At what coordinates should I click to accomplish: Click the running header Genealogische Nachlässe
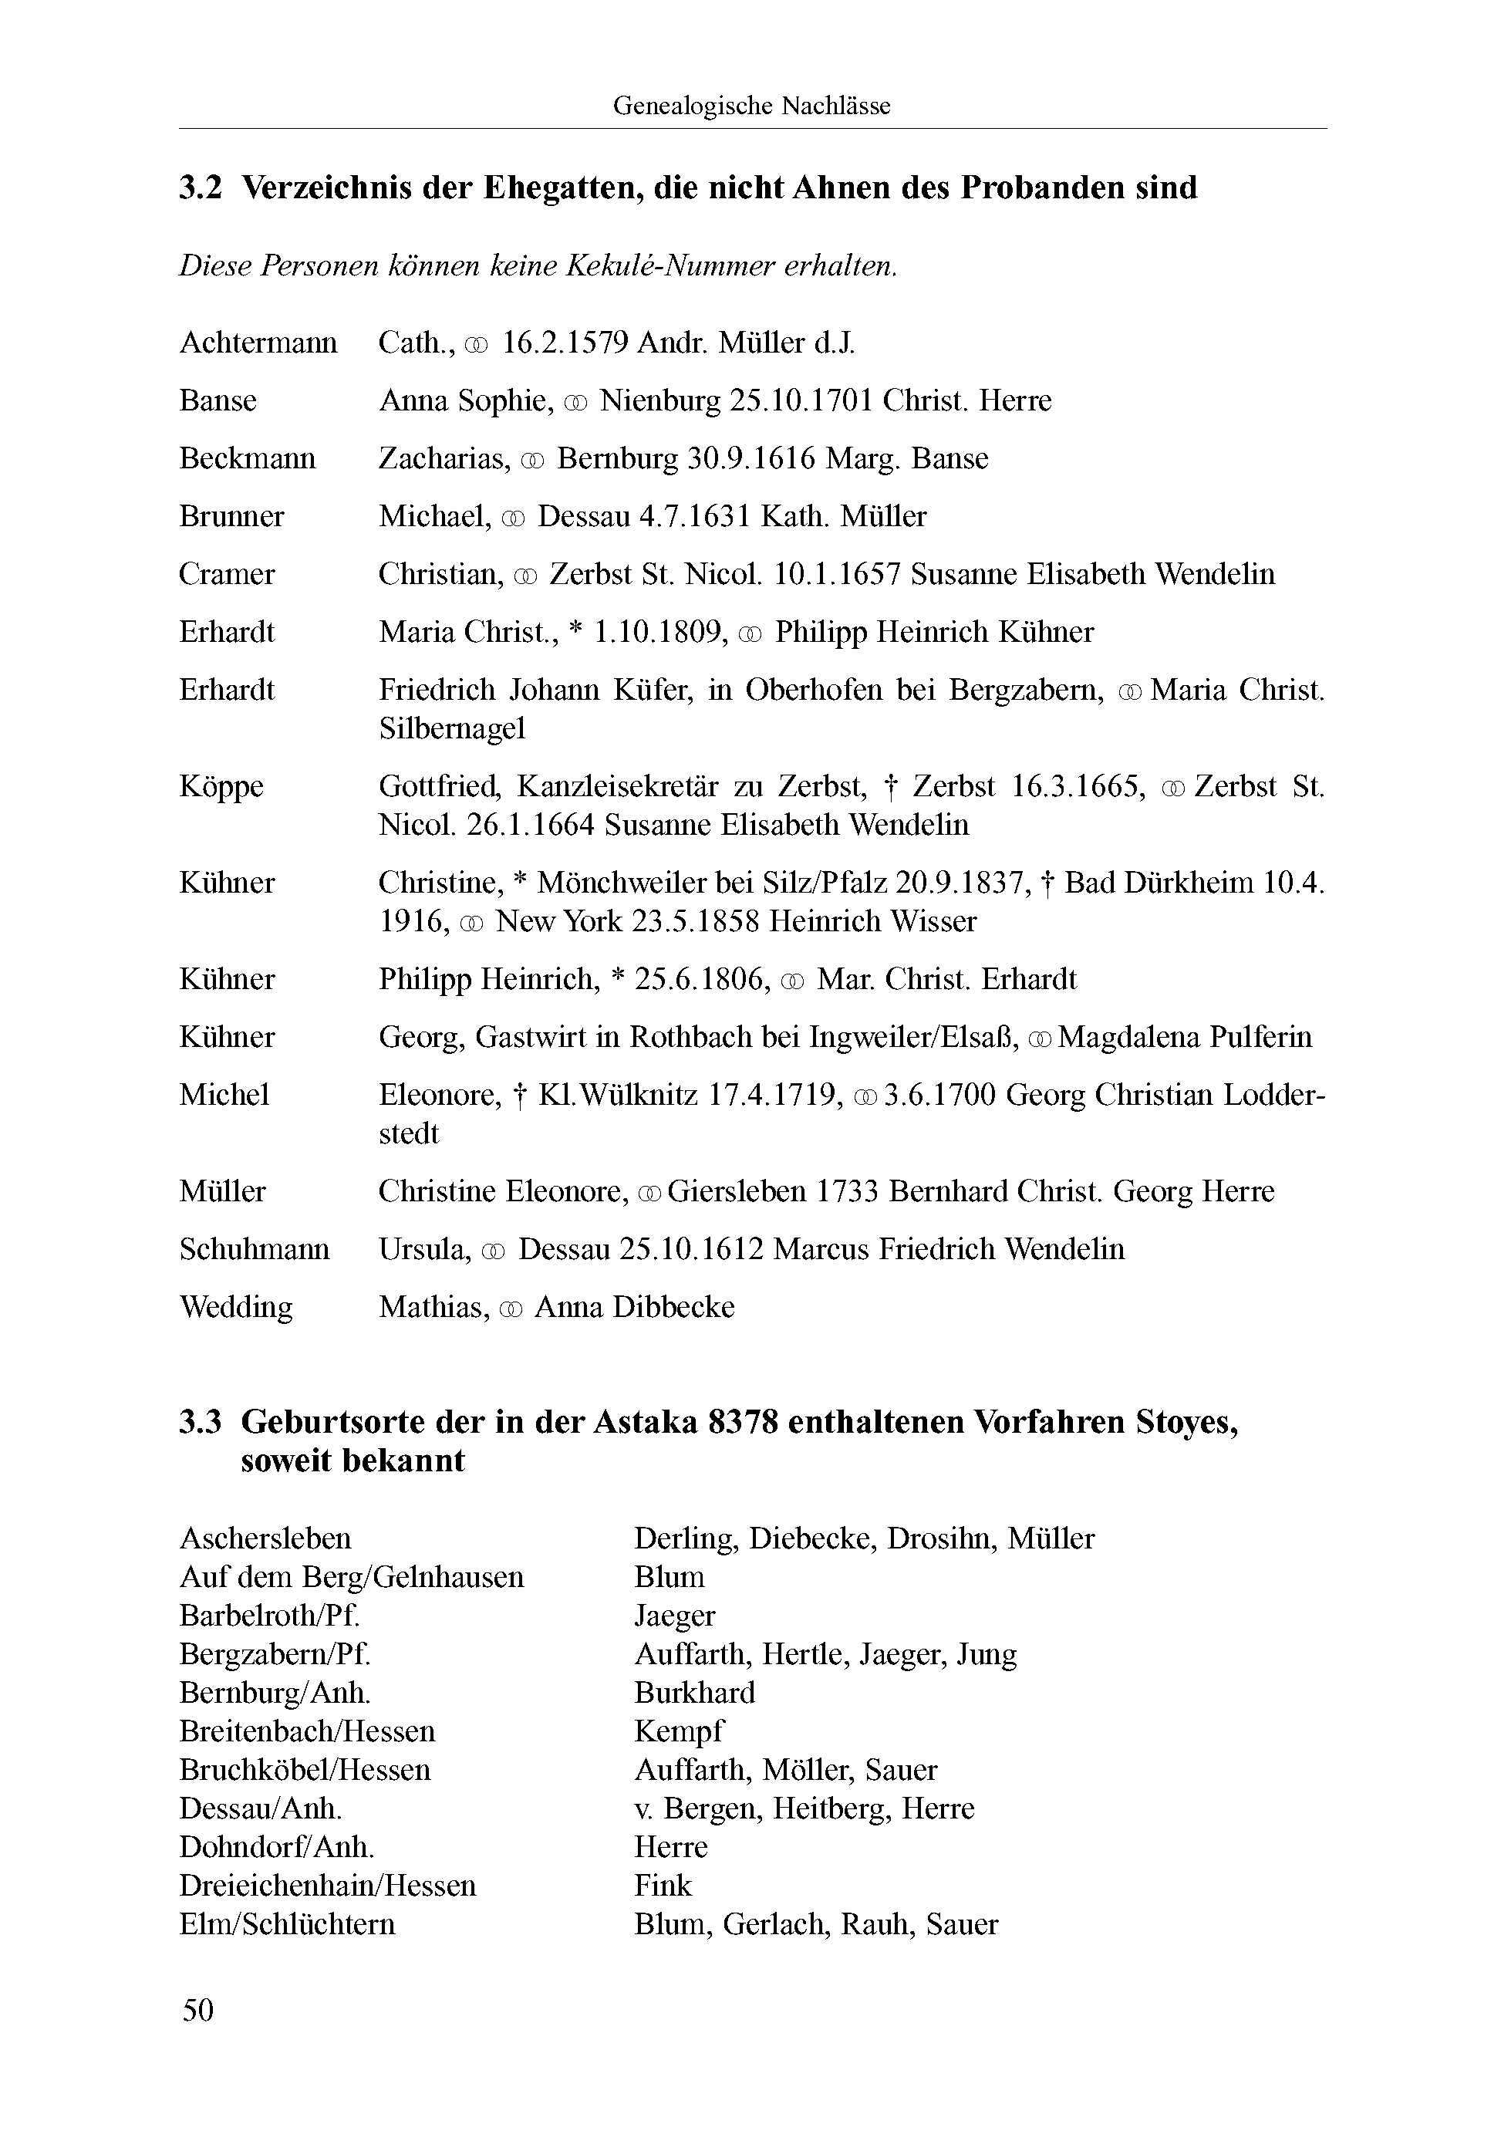tap(751, 106)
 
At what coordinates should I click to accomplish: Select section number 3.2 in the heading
tap(201, 188)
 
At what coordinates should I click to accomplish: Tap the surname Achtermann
tap(258, 343)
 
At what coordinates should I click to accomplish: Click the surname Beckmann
tap(247, 459)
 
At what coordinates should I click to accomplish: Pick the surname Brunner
tap(231, 517)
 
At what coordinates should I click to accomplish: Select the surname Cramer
tap(227, 575)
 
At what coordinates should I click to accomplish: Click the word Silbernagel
tap(452, 728)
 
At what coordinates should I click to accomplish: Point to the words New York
tap(559, 921)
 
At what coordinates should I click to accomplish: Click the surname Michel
tap(224, 1094)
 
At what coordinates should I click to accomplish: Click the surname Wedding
tap(236, 1306)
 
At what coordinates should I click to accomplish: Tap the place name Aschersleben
tap(265, 1538)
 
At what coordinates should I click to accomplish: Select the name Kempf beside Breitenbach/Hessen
tap(678, 1731)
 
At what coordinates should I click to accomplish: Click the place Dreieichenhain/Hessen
tap(327, 1886)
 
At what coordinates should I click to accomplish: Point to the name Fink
tap(663, 1886)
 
